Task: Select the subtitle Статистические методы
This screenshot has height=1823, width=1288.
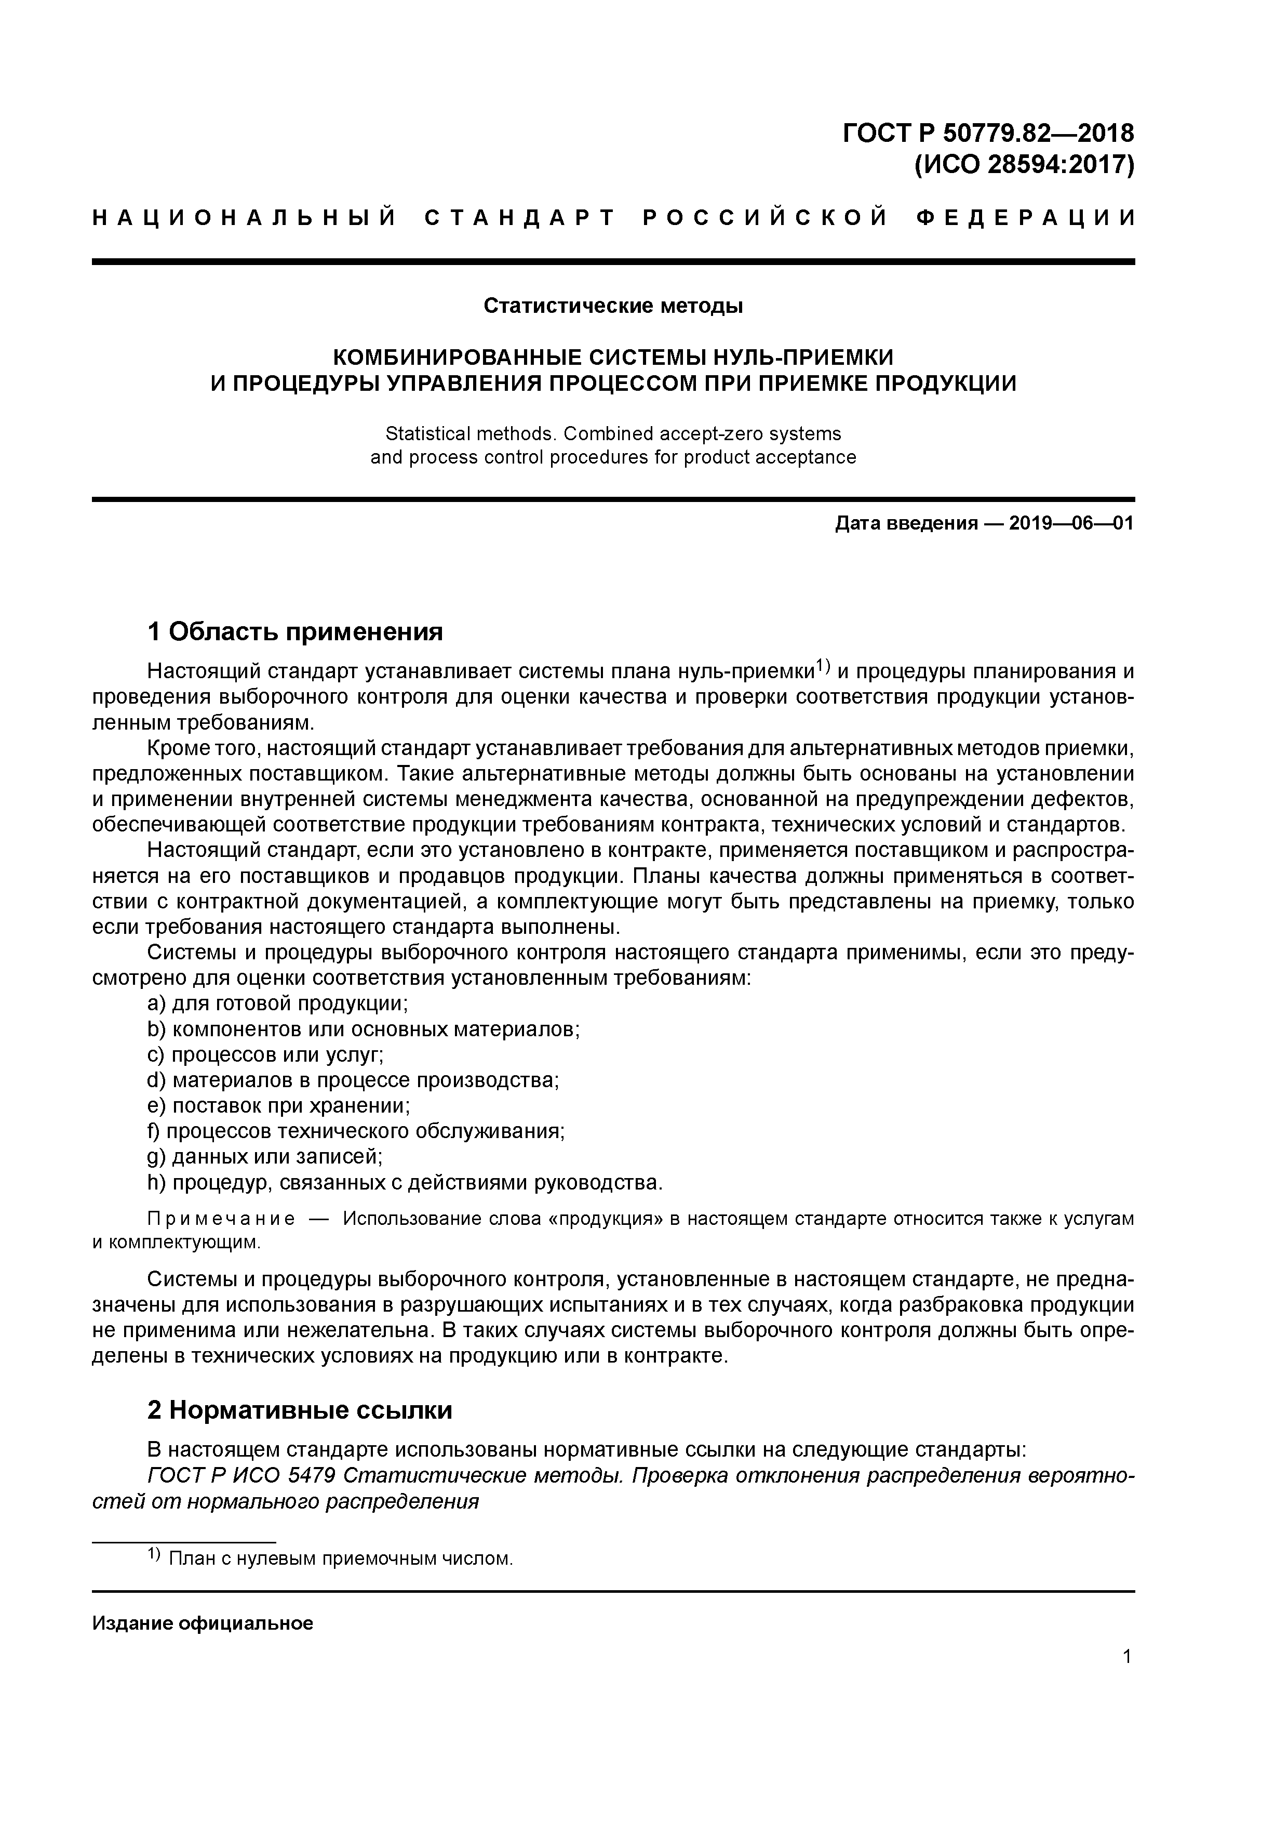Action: coord(613,306)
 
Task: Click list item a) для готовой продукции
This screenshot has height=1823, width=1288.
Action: coord(278,1003)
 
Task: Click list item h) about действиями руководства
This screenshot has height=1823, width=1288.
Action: coord(405,1183)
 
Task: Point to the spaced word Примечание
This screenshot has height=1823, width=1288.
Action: coord(221,1220)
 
